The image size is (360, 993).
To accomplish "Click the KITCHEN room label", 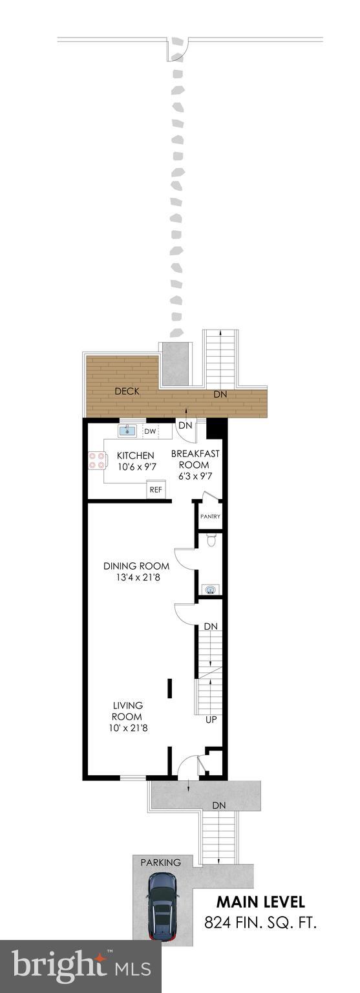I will coord(135,455).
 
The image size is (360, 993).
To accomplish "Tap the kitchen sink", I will coord(127,431).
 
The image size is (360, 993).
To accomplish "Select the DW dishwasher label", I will coord(150,431).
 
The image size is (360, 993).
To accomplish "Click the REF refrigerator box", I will coord(156,489).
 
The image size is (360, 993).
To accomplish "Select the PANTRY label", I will coord(210,517).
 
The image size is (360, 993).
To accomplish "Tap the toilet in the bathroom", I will coord(210,540).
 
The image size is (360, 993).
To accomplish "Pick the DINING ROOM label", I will coord(136,566).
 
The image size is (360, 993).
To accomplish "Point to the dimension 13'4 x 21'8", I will coord(136,577).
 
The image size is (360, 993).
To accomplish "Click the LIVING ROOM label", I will coord(127,710).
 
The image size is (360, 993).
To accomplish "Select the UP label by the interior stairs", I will coord(210,720).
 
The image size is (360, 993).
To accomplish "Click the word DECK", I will coord(127,391).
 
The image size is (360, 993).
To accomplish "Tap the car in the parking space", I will coord(162,906).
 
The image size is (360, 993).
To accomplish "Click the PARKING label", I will coord(161,862).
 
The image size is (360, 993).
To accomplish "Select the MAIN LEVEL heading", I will coord(260,902).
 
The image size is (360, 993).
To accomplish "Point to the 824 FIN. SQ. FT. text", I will coord(260,923).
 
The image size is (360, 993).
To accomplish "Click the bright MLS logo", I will coord(81,967).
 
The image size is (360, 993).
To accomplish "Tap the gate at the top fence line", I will coord(178,48).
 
